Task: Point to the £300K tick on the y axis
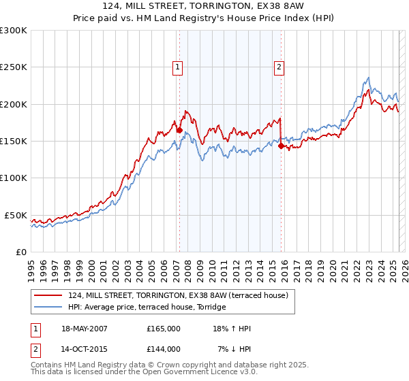tap(14, 31)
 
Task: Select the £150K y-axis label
tap(14, 141)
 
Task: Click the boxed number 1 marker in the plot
tap(177, 67)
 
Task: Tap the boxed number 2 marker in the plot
tap(279, 67)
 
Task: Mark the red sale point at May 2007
tap(179, 130)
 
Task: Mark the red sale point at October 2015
tap(282, 146)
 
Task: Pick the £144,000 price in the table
tap(163, 349)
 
